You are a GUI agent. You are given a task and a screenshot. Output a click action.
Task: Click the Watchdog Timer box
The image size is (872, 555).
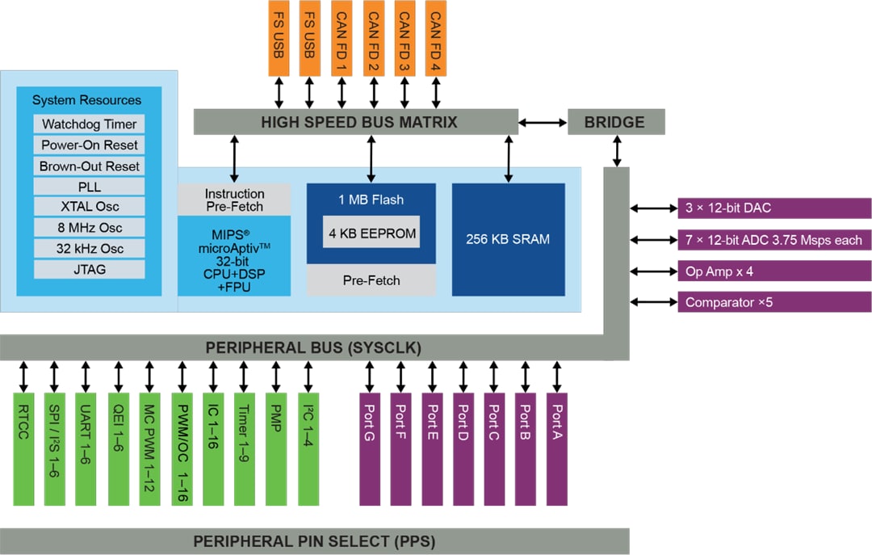click(90, 124)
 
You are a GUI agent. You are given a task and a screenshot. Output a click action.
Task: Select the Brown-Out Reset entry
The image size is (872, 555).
click(90, 166)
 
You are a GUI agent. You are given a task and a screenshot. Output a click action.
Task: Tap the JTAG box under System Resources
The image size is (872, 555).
click(90, 269)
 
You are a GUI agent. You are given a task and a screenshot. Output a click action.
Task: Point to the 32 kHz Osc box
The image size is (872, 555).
click(90, 249)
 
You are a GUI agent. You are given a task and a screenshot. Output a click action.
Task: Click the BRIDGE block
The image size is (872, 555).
click(615, 122)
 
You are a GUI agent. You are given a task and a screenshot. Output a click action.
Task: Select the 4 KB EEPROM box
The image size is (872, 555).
click(371, 233)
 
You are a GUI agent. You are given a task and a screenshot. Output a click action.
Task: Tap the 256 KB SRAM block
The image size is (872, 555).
click(508, 239)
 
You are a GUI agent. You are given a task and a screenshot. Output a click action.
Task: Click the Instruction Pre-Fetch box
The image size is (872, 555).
click(234, 200)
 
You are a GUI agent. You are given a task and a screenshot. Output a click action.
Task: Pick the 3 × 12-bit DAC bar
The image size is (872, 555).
click(773, 208)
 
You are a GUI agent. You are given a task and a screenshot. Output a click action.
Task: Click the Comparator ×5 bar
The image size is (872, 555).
click(773, 302)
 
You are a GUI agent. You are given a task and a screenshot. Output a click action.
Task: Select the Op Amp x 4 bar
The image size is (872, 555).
click(773, 271)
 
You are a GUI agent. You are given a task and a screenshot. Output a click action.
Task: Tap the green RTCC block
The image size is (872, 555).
click(24, 448)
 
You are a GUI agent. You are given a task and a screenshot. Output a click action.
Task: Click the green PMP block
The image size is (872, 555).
click(276, 448)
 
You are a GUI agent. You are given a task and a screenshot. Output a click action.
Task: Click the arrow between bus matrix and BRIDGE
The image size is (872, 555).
click(543, 122)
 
